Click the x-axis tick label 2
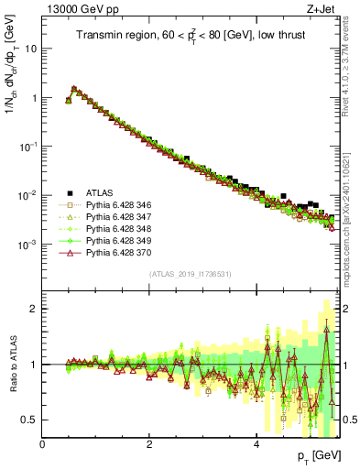tap(149, 444)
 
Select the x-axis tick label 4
tap(256, 444)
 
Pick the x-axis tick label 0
tap(43, 444)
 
